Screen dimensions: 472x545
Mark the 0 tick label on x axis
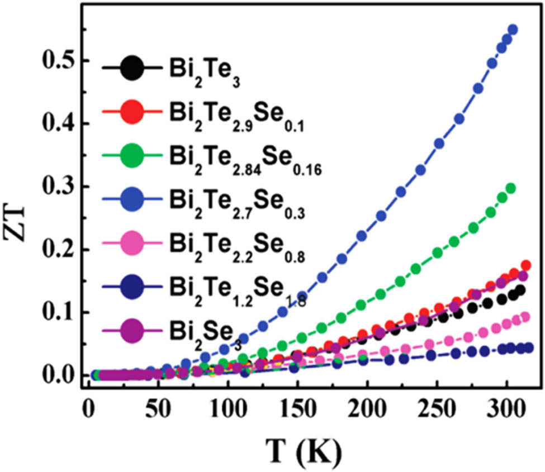(88, 403)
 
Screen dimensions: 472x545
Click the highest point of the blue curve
(513, 30)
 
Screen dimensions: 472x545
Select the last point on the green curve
(510, 188)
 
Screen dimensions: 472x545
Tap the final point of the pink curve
(525, 317)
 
